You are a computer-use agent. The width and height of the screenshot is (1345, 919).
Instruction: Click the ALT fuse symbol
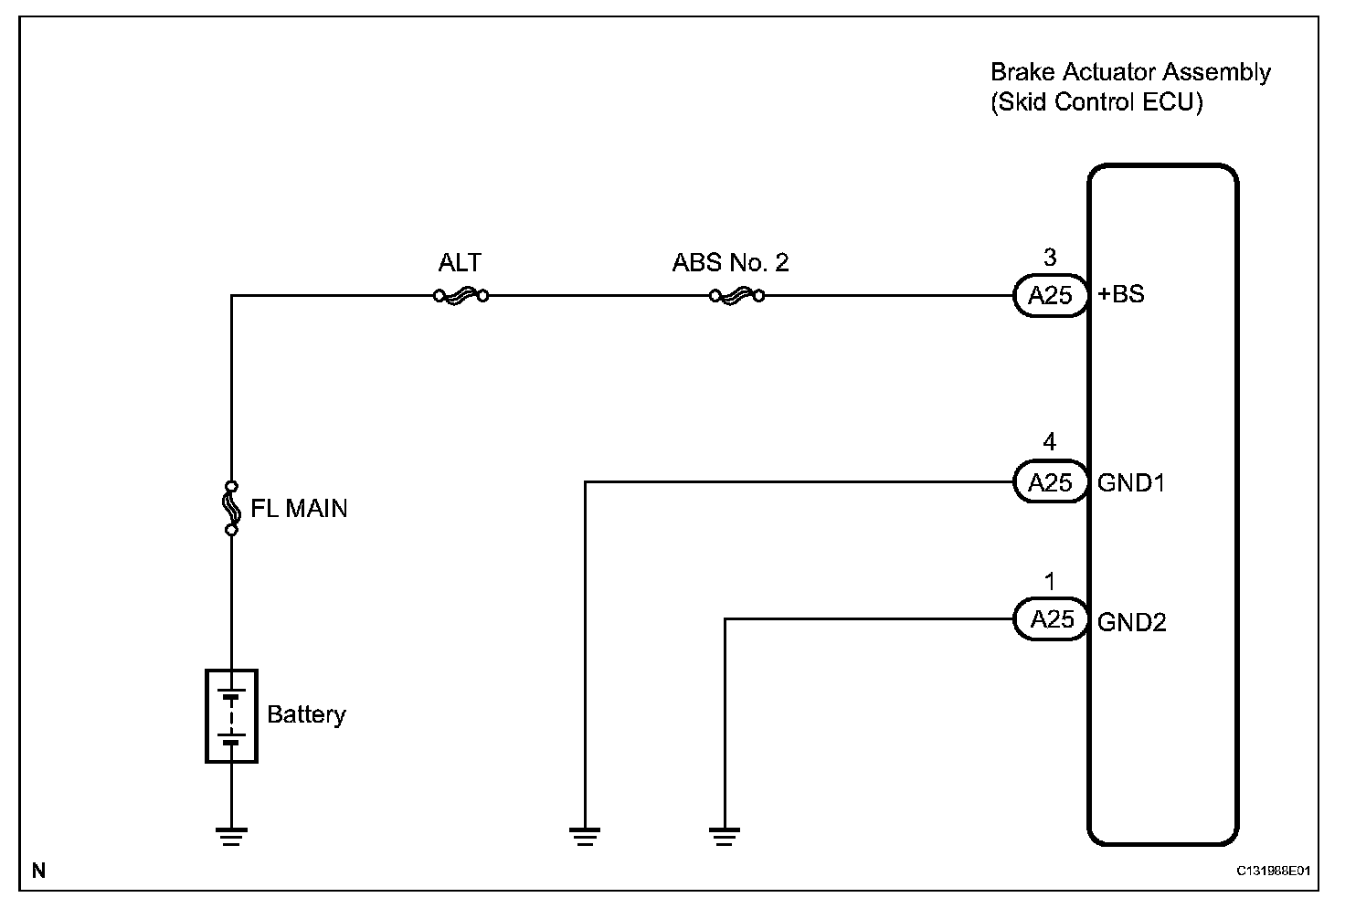460,295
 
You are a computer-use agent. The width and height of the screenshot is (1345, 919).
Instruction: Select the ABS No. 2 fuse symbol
736,295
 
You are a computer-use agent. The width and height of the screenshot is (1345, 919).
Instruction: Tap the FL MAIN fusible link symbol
231,507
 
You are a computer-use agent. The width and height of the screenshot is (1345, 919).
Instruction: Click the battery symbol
231,715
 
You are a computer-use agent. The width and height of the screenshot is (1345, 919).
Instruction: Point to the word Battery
306,713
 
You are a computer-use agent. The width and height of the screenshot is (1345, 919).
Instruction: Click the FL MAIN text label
299,508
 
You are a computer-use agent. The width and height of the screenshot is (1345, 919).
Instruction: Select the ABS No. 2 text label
730,263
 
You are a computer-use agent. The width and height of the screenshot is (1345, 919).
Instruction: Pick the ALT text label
460,263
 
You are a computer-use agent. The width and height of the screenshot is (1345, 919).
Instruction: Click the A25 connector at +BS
1050,295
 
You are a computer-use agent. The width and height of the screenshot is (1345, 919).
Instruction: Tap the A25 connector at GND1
1050,481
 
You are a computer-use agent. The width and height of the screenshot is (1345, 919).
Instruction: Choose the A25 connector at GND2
1051,619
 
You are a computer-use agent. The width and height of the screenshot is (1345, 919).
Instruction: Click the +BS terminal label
1120,295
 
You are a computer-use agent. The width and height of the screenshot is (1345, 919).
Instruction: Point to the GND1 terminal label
1131,482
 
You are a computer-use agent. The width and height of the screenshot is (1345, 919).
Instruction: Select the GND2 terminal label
1132,622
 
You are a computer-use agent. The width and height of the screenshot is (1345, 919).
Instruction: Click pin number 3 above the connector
1050,259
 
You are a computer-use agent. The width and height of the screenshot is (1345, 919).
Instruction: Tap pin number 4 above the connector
1050,443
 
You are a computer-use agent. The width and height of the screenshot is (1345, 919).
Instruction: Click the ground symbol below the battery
231,835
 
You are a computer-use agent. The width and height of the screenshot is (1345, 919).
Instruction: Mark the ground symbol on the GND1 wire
585,835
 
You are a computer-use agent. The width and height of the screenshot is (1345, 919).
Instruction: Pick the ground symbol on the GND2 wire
725,835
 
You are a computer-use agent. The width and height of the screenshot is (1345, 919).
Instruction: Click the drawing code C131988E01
1274,871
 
